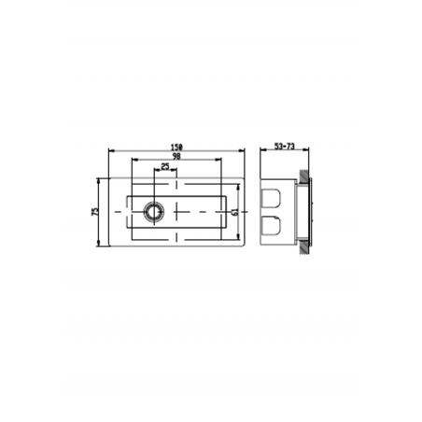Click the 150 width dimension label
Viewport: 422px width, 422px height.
[176, 147]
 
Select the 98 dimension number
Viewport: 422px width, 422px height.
[176, 157]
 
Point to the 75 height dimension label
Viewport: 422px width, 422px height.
[95, 212]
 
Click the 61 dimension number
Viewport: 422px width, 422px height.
[234, 212]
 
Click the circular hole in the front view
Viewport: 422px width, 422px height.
[151, 212]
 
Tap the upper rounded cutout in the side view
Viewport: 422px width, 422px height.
[272, 197]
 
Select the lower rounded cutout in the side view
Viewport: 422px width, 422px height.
[272, 226]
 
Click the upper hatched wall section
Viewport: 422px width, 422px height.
[304, 178]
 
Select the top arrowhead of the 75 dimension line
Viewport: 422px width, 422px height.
[102, 178]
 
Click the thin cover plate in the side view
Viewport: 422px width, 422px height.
[313, 212]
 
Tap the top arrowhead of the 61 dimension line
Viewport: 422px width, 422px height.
[241, 185]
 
